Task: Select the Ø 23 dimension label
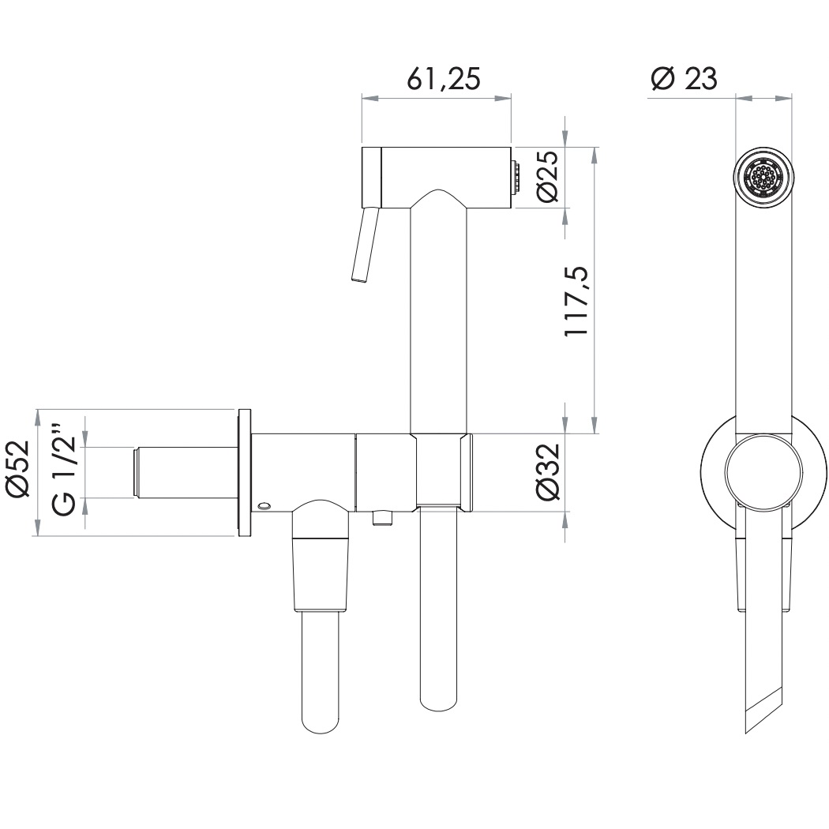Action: click(x=684, y=79)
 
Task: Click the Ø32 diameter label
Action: click(x=547, y=472)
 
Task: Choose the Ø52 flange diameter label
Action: click(x=18, y=472)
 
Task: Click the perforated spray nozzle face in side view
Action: click(x=763, y=178)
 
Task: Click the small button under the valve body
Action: click(x=383, y=517)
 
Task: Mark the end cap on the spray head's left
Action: click(x=372, y=178)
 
